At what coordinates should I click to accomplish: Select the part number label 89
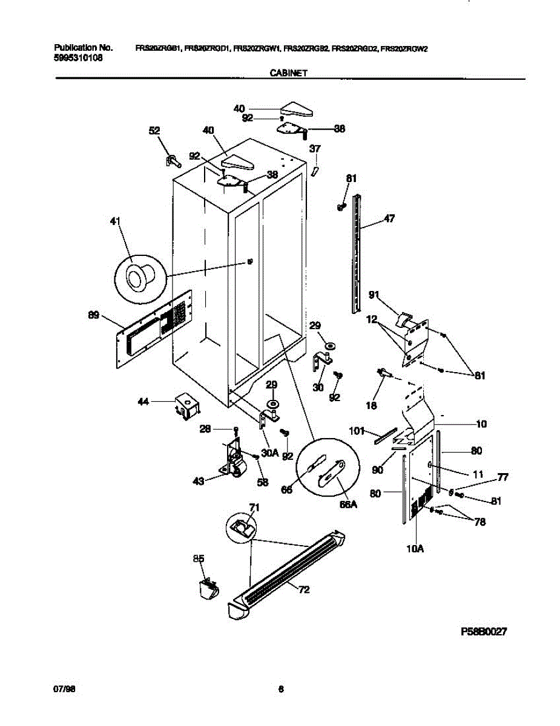pos(93,315)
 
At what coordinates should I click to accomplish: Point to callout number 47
pos(389,219)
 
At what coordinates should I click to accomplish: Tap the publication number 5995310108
pos(78,58)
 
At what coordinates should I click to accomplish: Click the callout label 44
pos(144,401)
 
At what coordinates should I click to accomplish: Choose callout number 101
pos(357,432)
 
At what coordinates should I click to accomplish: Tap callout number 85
pos(199,558)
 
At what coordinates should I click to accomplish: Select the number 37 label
pos(315,149)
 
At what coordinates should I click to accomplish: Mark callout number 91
pos(375,295)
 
